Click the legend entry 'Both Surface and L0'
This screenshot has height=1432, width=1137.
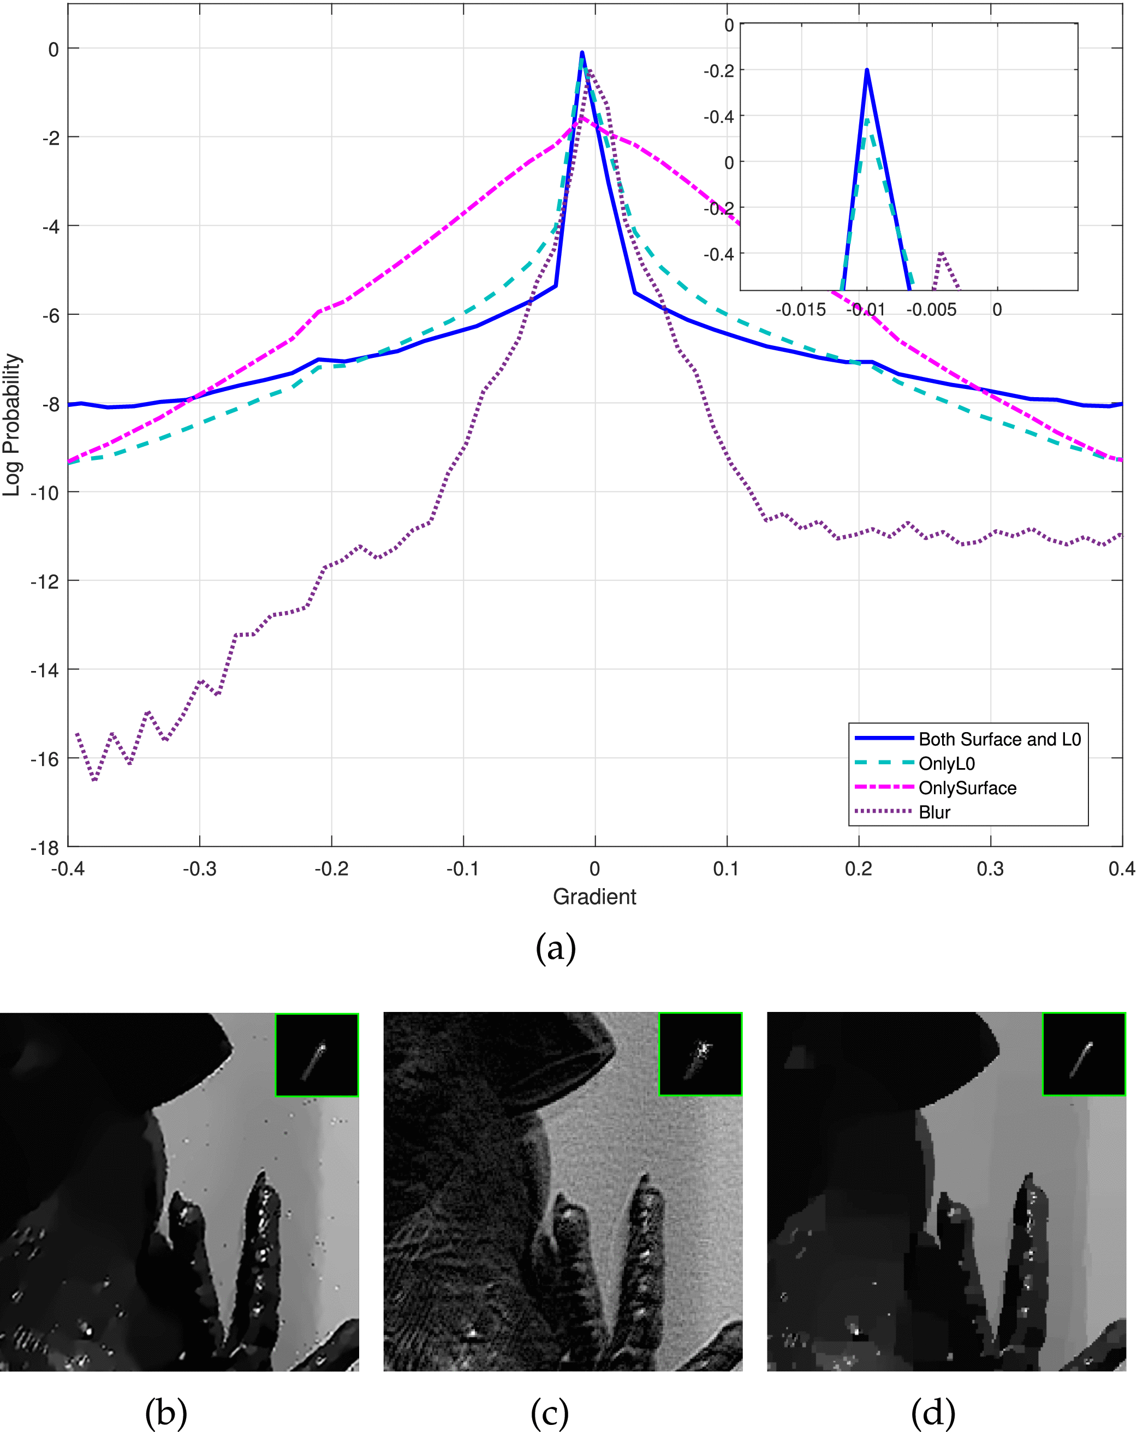click(x=999, y=739)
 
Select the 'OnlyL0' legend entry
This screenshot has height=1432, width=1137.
click(x=946, y=764)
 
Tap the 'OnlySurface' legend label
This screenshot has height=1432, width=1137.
click(x=967, y=788)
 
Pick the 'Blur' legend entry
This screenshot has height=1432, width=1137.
click(x=934, y=812)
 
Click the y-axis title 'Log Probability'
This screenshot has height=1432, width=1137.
click(x=12, y=425)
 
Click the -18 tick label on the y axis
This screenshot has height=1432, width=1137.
click(x=45, y=848)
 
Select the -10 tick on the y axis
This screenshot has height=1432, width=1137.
click(x=45, y=492)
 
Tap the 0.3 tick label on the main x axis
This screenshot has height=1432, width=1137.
click(x=990, y=869)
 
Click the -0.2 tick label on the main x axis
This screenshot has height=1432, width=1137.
click(x=331, y=869)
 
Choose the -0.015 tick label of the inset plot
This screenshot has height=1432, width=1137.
click(x=800, y=309)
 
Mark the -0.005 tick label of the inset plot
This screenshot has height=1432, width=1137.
click(x=932, y=309)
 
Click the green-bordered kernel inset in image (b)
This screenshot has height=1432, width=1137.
click(x=317, y=1054)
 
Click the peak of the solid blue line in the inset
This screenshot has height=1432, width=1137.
click(x=867, y=70)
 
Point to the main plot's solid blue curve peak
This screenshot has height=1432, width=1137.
click(x=582, y=52)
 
